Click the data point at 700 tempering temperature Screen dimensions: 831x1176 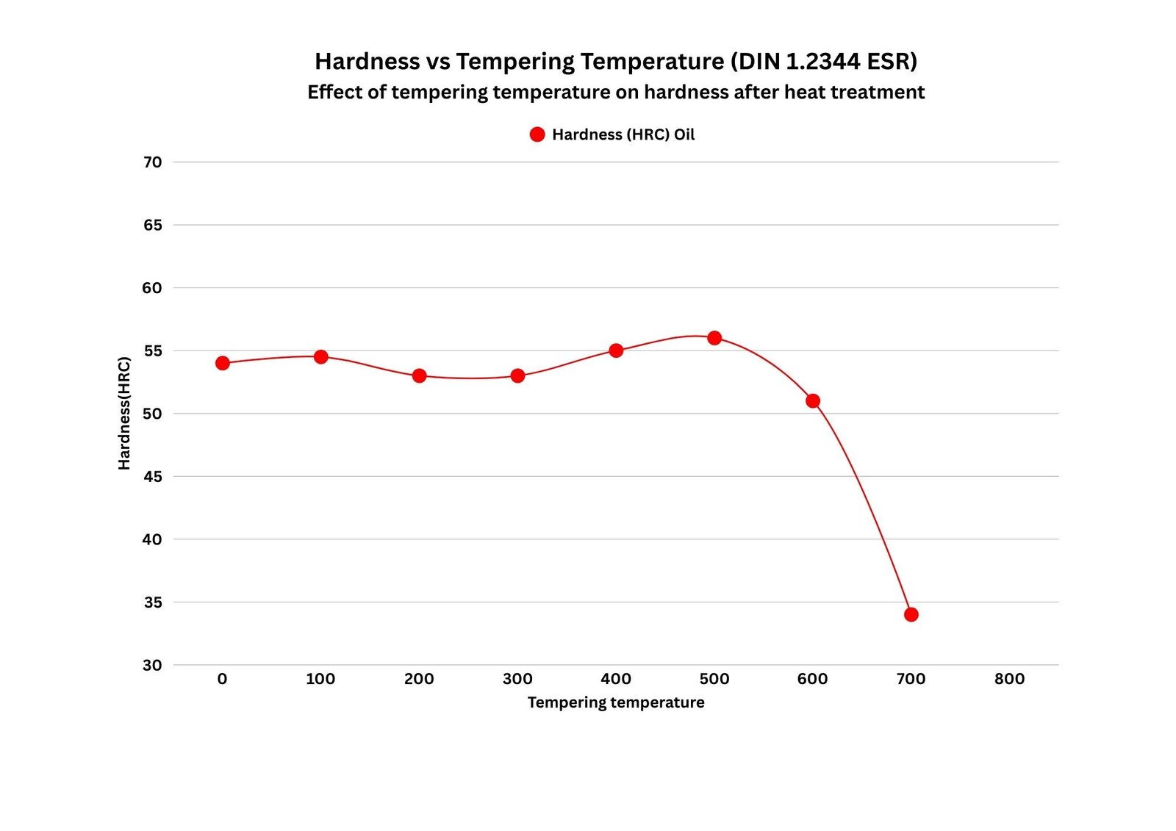click(911, 614)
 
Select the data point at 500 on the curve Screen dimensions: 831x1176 click(714, 338)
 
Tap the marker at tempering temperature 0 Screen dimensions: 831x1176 click(223, 363)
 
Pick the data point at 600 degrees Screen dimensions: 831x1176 click(813, 400)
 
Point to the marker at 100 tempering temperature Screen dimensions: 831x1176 click(320, 356)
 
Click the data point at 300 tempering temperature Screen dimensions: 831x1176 click(517, 375)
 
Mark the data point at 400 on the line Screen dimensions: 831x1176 click(616, 350)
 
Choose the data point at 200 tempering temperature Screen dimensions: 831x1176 click(419, 375)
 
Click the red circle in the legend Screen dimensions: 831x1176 click(537, 134)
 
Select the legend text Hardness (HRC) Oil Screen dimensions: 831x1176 click(623, 134)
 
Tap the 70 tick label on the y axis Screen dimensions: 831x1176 click(153, 162)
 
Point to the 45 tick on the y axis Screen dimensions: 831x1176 click(153, 476)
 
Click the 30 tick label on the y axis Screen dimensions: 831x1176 click(153, 665)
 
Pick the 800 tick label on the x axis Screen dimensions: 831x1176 click(1009, 679)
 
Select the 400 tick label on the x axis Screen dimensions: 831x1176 click(616, 679)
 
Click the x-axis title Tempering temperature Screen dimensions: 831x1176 click(616, 702)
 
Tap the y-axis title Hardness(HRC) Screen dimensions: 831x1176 click(124, 413)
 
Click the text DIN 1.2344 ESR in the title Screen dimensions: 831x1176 click(824, 61)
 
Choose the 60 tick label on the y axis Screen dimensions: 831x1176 click(153, 288)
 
